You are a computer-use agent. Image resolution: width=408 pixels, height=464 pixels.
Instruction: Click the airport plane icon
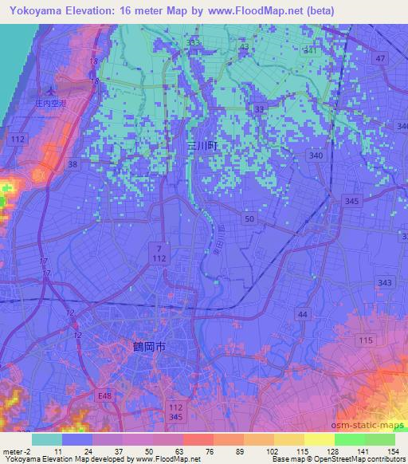(52, 89)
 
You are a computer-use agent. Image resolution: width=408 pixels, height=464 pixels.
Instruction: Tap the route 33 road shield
(259, 109)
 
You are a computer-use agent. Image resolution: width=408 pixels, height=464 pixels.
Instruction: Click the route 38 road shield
(73, 164)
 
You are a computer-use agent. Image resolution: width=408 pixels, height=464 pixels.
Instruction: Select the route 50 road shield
(250, 218)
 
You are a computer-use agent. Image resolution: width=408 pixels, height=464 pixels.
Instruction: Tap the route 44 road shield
(302, 316)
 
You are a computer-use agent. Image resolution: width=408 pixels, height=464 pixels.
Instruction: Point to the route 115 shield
(366, 340)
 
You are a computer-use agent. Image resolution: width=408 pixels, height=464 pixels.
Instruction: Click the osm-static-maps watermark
(369, 427)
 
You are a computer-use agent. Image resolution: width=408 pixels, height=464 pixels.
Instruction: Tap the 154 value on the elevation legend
(394, 450)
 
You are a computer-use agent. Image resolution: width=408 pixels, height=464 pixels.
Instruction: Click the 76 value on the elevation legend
(186, 450)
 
